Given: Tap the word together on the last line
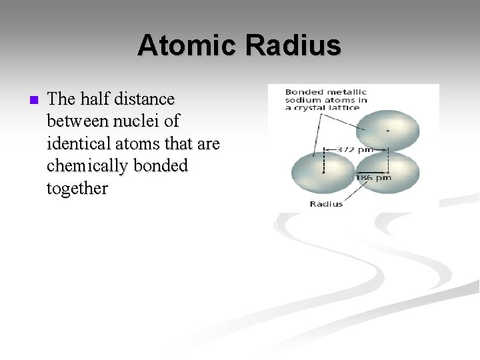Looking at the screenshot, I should (77, 189).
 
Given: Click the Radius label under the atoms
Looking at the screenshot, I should (326, 203).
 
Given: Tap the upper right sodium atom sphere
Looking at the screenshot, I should (387, 130).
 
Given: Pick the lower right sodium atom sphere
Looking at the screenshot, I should (388, 172).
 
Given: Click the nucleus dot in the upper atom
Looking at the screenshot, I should (387, 131).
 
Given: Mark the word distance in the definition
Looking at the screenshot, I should (144, 99).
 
